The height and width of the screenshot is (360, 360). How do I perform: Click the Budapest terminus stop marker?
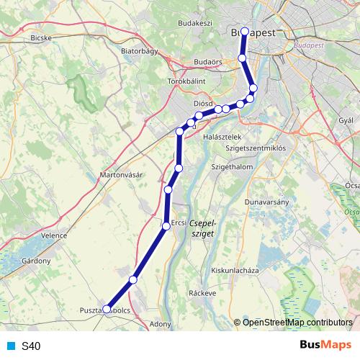(x=245, y=32)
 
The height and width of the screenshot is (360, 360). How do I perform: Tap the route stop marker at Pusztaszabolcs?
(x=107, y=309)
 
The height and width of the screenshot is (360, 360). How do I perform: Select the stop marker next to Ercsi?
(x=166, y=226)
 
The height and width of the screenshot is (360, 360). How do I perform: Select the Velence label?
(x=54, y=235)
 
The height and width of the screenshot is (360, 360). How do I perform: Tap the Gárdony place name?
(x=35, y=260)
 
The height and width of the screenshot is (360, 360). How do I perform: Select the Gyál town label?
(x=346, y=119)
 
